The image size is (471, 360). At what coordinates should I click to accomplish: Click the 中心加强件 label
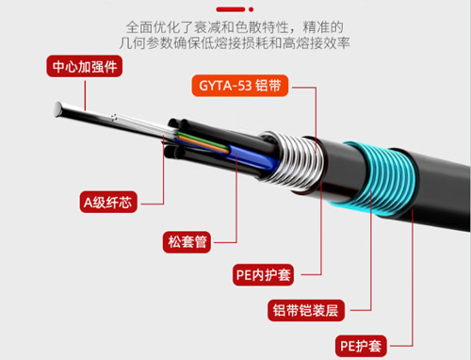pos(85,66)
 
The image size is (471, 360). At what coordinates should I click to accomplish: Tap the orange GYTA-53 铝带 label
pos(240,86)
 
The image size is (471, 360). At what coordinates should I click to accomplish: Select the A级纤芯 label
pos(108,202)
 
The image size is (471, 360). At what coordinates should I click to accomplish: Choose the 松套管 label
pos(187,242)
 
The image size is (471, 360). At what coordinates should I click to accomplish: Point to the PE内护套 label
pos(263,275)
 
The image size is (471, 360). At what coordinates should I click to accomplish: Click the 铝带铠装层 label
pos(306,310)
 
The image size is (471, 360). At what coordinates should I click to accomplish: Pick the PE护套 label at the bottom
pos(361,346)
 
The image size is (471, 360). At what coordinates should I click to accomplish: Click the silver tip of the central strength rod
pos(58,109)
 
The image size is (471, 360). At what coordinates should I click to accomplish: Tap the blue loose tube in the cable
pos(252,158)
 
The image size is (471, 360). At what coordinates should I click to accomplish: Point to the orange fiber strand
pos(204,145)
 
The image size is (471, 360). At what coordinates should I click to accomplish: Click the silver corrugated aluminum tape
pos(294,161)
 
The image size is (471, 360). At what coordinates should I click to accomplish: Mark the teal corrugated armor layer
pos(379,179)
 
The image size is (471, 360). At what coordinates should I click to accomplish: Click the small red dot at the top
pos(251,9)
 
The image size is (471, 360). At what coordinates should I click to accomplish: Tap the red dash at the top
pos(231,9)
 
